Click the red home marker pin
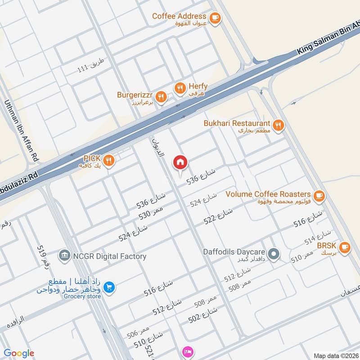point(180,162)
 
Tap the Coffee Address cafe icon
point(216,18)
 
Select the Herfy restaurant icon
point(180,88)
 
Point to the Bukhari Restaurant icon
point(279,125)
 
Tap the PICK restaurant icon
point(108,160)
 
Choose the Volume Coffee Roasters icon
point(319,195)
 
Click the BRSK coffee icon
point(345,247)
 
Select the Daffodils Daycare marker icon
point(274,255)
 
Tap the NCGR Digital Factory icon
point(65,256)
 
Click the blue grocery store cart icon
point(108,287)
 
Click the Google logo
point(19,354)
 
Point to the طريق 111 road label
point(90,65)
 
